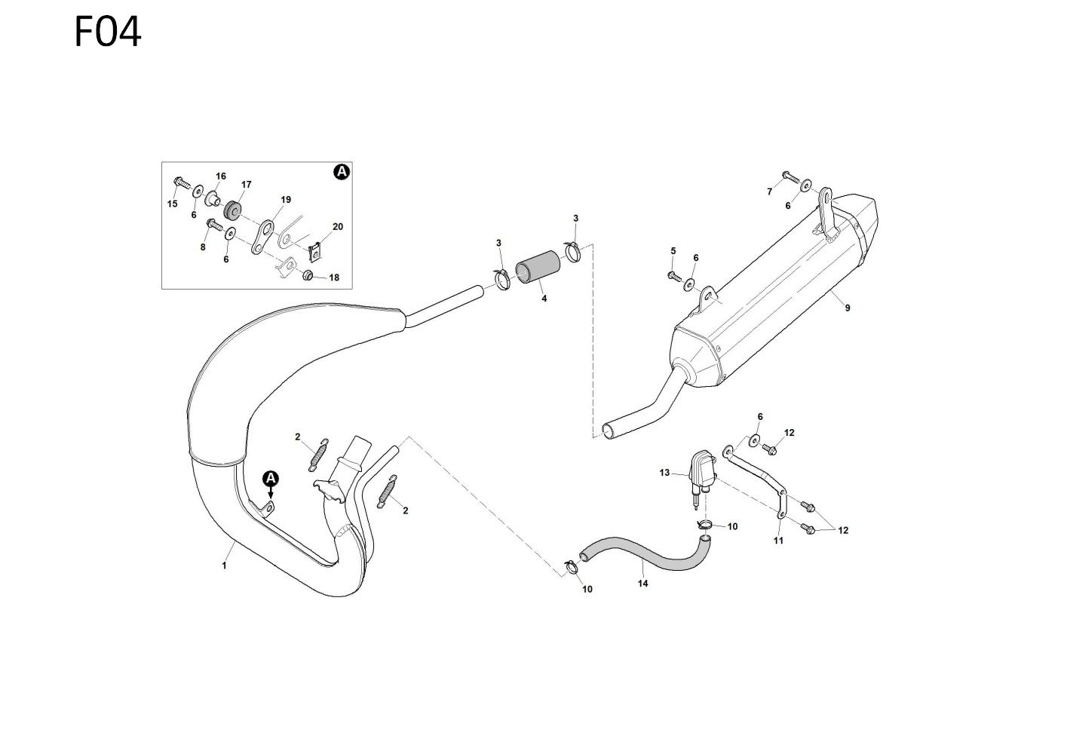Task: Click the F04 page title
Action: coord(108,33)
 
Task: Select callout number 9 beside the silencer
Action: coord(847,308)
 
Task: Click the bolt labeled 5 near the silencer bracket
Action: coord(674,276)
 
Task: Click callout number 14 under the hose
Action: coord(643,583)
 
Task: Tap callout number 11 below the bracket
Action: coord(778,540)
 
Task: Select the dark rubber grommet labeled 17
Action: coord(232,207)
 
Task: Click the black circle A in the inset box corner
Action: coord(342,173)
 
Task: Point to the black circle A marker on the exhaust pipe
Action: coord(271,478)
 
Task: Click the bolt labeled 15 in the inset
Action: coord(181,182)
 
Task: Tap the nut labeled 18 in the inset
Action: coord(308,275)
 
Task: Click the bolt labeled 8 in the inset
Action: coord(214,224)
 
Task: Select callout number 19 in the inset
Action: coord(286,200)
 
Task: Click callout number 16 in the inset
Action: coord(221,176)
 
